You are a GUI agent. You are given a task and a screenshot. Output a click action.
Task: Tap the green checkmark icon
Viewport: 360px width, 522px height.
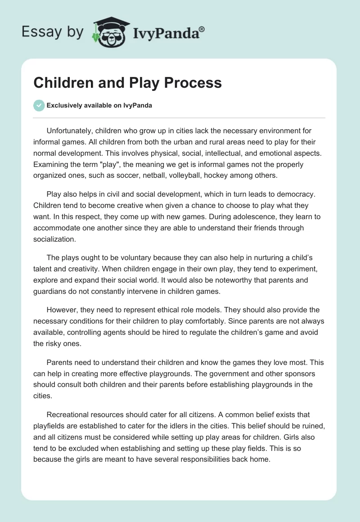[x=39, y=106]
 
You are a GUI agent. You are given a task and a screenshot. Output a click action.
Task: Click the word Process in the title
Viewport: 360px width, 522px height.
[x=194, y=83]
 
